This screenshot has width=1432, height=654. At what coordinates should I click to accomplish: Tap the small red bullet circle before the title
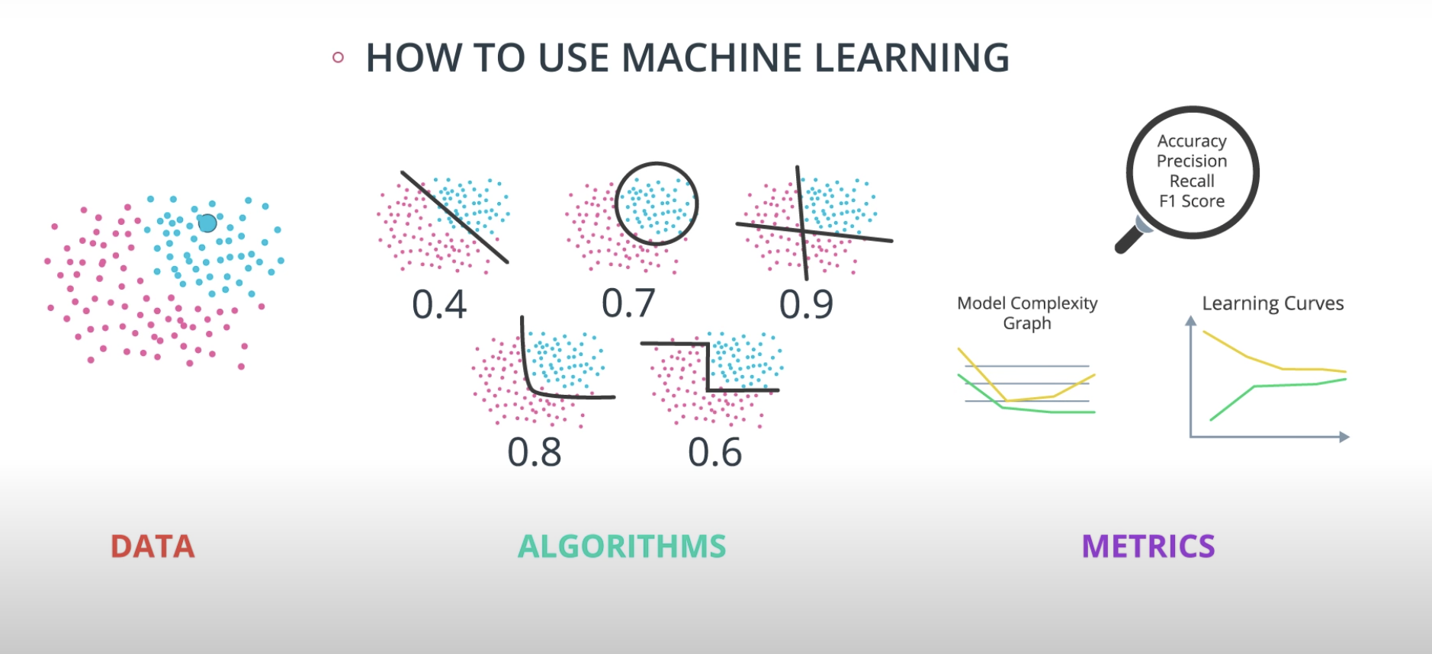338,57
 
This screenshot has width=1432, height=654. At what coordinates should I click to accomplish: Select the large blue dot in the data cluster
207,223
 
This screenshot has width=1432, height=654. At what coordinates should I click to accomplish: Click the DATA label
153,547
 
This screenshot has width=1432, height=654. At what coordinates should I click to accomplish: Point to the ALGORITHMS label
621,547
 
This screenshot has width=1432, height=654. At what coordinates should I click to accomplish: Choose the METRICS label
1148,547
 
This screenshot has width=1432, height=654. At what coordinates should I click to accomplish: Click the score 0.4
439,305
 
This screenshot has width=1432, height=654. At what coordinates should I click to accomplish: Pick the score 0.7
628,303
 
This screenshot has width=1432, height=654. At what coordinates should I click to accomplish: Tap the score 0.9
806,305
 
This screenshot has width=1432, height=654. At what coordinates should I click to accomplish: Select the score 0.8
535,453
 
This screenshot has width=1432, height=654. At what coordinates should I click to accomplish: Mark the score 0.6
714,453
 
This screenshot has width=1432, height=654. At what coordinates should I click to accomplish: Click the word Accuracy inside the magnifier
1192,141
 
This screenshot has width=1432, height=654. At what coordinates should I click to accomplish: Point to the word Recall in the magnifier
1192,181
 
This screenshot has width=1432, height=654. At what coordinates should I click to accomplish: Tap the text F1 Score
1192,201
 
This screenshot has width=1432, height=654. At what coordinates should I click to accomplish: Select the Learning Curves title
1273,303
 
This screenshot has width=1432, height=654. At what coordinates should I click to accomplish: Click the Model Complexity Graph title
1027,313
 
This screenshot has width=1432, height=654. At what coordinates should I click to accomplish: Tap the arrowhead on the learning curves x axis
1344,437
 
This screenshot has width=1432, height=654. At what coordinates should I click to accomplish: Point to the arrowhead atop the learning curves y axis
1190,321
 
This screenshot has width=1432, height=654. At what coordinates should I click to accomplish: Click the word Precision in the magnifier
1192,161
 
